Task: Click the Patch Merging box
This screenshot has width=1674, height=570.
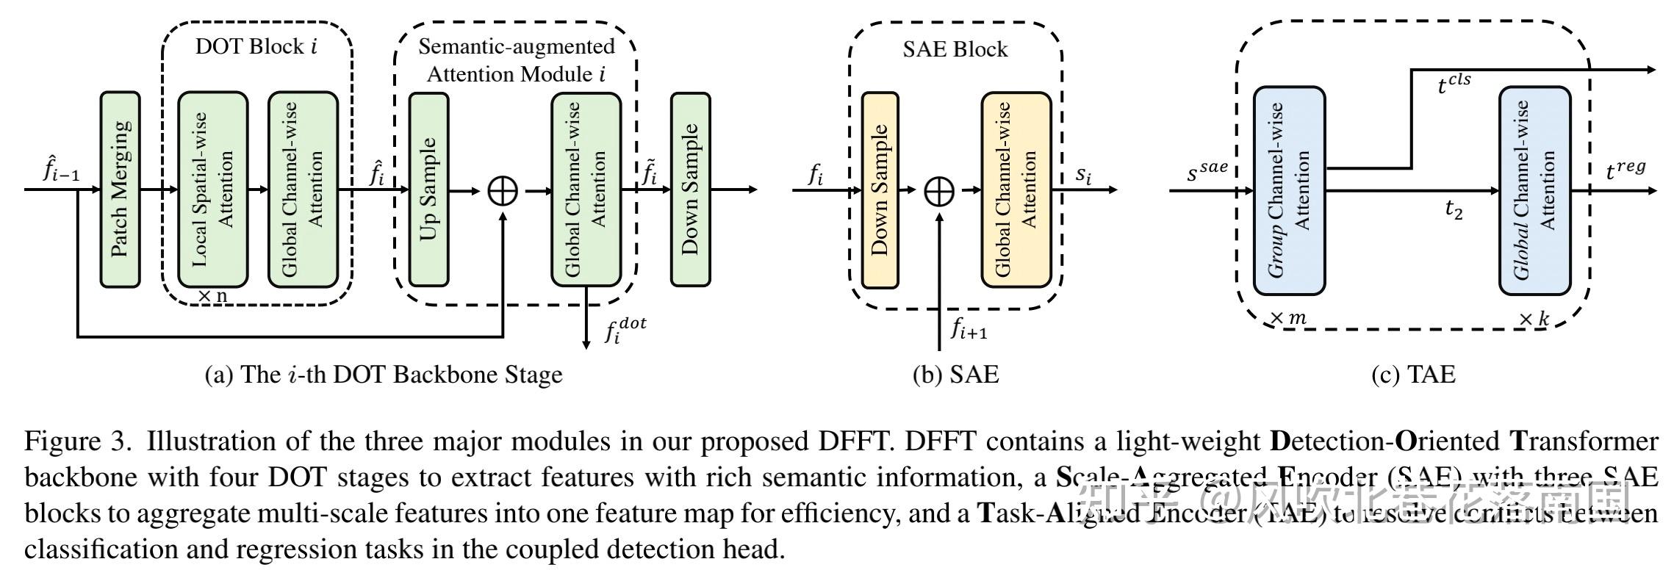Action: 120,190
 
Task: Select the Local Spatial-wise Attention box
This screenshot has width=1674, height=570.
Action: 212,190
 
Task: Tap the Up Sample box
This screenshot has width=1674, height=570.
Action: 428,190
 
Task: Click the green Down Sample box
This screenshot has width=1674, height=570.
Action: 690,190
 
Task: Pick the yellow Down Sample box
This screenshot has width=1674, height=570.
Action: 880,190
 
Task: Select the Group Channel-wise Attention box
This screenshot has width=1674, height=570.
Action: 1289,190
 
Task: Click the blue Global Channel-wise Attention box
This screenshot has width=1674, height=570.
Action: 1535,190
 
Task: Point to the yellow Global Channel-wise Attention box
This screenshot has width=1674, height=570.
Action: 1016,190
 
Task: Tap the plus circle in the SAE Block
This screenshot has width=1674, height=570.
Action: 939,191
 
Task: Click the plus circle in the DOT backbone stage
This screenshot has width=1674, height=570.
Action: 503,191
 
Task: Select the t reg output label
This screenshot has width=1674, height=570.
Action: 1625,171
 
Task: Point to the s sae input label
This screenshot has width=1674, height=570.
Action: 1207,173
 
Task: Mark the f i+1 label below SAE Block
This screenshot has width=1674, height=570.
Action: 969,331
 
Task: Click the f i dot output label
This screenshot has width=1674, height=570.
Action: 625,331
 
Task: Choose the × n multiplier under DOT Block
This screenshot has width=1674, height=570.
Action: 212,296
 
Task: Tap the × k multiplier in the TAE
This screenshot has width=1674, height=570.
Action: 1533,320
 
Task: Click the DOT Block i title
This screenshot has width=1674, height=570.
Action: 256,47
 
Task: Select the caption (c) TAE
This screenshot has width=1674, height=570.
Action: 1412,375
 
